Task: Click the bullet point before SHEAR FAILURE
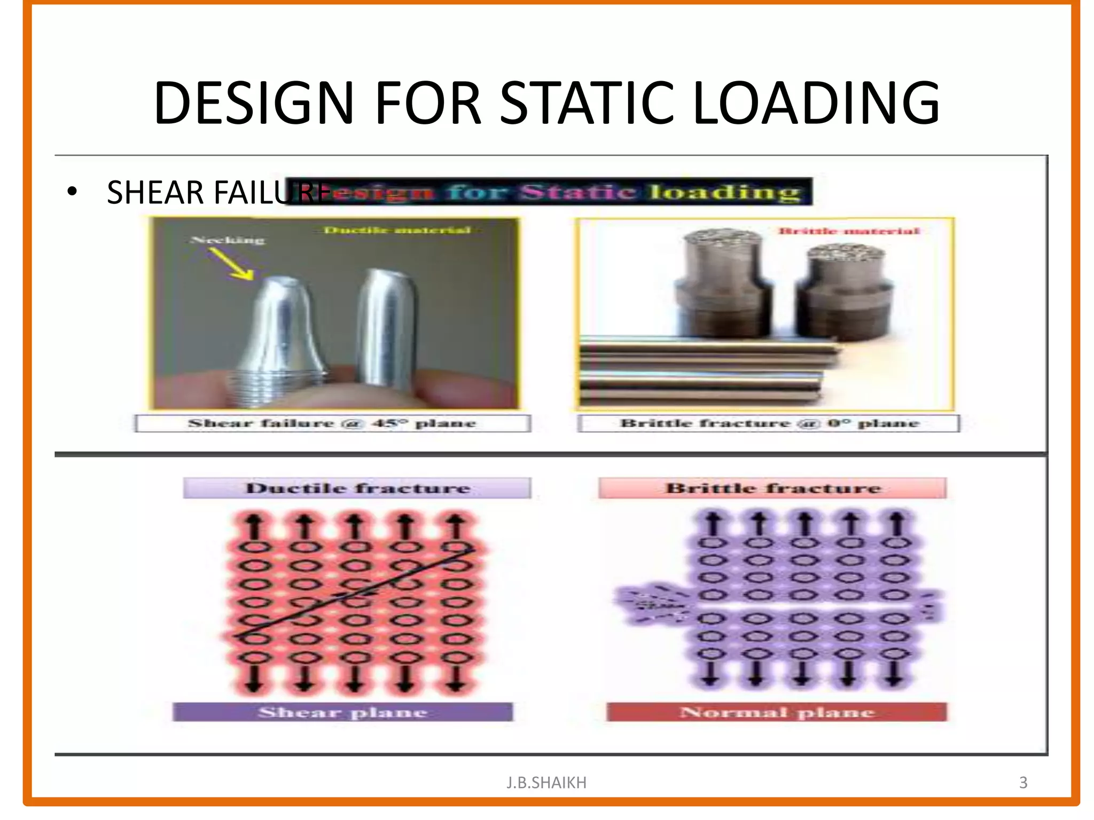point(73,192)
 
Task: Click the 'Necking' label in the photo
point(228,240)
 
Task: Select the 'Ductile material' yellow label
point(397,230)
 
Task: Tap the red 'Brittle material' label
point(848,231)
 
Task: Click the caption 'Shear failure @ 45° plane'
point(332,423)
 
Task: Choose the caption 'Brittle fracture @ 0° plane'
point(769,423)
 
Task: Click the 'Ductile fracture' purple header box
point(357,488)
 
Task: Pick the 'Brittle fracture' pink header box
point(772,488)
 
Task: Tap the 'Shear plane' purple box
point(342,712)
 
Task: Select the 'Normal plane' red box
point(777,712)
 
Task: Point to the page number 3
point(1023,783)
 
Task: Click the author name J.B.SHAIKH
point(546,783)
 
